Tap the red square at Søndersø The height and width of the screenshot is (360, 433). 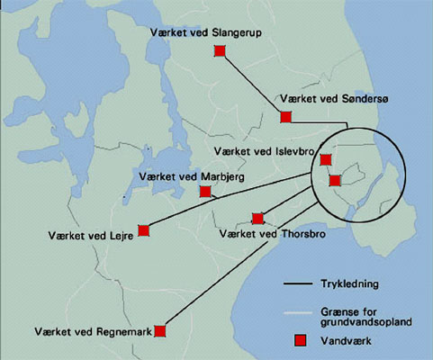pyautogui.click(x=286, y=116)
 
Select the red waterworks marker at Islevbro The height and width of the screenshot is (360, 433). pyautogui.click(x=326, y=159)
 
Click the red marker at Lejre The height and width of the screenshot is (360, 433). pyautogui.click(x=142, y=229)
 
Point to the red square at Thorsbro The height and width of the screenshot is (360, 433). pyautogui.click(x=258, y=218)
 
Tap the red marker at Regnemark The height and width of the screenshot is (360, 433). pyautogui.click(x=160, y=330)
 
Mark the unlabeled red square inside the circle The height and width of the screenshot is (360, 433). pyautogui.click(x=335, y=180)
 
